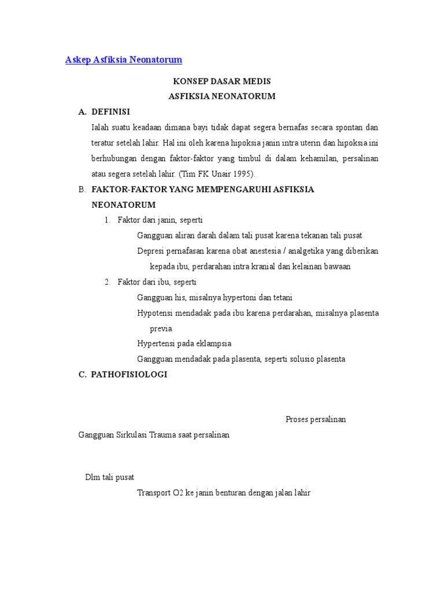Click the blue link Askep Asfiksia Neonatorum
point(124,60)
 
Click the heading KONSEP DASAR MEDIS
point(222,81)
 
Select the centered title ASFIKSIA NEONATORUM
point(222,96)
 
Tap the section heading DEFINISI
point(111,111)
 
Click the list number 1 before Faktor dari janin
point(107,220)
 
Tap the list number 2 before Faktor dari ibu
point(107,282)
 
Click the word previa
point(161,328)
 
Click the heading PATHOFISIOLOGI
point(129,375)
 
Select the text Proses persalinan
point(316,420)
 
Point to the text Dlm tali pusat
point(110,477)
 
